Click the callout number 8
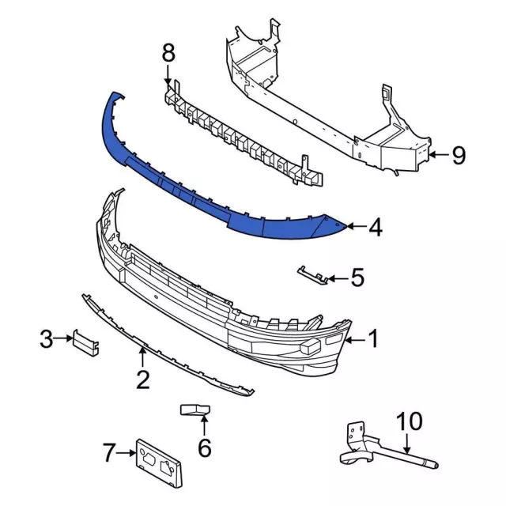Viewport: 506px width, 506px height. click(168, 53)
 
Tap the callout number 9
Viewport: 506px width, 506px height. click(459, 155)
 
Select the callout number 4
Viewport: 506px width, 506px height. click(376, 227)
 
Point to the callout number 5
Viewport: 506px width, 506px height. click(357, 278)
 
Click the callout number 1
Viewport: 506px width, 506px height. click(373, 339)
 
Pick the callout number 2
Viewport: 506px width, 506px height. click(143, 379)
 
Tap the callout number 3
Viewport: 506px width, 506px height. click(47, 339)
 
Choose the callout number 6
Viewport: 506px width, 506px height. click(204, 447)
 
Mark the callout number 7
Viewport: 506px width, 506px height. click(109, 452)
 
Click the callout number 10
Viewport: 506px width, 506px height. click(410, 421)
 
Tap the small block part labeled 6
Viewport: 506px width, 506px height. click(195, 410)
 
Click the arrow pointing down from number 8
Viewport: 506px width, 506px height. click(168, 75)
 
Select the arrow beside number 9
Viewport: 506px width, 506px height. click(440, 155)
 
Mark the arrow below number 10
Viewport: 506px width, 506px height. click(407, 444)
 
